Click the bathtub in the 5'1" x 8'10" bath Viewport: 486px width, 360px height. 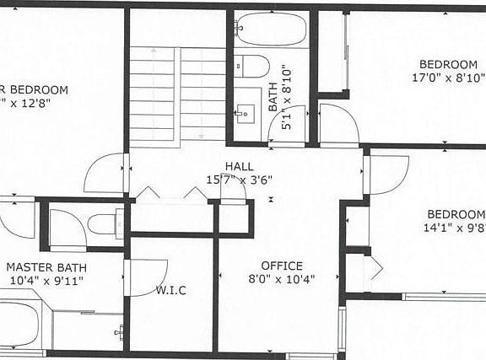pos(271,30)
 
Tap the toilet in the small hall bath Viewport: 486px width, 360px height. pos(251,66)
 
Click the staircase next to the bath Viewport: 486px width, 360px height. pos(177,93)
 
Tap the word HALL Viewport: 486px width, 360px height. pos(239,166)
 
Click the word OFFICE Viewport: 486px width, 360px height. pos(281,266)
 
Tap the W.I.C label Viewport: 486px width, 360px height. pos(170,291)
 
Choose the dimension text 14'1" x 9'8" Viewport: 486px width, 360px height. pos(454,227)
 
